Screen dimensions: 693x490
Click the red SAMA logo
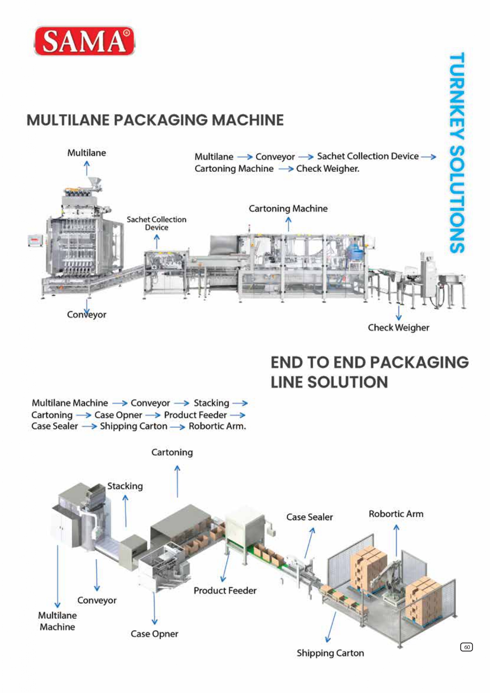tap(84, 41)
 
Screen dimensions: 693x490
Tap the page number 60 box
tap(466, 647)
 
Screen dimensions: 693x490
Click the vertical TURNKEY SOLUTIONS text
tap(457, 153)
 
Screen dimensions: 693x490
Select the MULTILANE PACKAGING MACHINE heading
tap(155, 120)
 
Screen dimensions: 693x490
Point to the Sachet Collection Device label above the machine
tap(156, 223)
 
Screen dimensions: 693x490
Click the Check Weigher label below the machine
tap(398, 328)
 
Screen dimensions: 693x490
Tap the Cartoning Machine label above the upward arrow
tap(288, 209)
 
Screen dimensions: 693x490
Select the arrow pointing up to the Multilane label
tap(87, 168)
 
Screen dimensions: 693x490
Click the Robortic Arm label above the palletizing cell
tap(396, 514)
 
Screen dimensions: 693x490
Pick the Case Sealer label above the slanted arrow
tap(309, 517)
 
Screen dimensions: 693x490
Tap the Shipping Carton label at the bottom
tap(330, 653)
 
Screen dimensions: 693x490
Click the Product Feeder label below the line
tap(225, 591)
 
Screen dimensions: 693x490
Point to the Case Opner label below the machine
tap(154, 634)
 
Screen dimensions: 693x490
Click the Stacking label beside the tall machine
tap(125, 486)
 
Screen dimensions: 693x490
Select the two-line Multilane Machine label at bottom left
tap(57, 621)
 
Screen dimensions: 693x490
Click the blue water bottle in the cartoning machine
tap(353, 251)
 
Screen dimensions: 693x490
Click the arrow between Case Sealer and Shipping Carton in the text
tap(89, 427)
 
